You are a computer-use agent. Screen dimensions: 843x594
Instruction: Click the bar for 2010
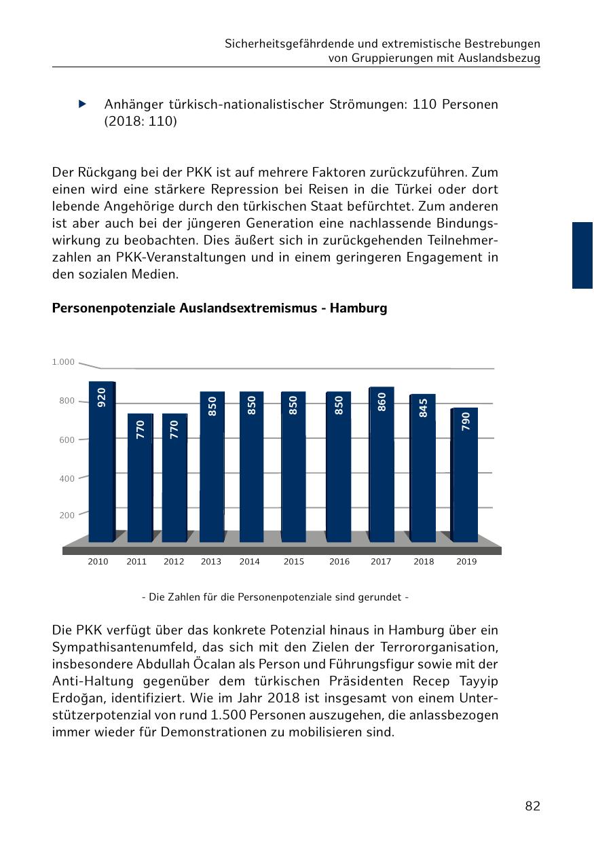tap(101, 469)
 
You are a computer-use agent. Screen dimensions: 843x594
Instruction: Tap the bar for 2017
tap(381, 469)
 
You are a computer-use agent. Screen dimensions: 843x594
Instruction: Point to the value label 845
tap(424, 408)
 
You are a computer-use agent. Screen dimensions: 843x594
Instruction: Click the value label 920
tap(102, 397)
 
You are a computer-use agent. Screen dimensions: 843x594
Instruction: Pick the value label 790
tap(465, 420)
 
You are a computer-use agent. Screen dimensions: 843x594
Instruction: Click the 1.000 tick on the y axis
tap(63, 362)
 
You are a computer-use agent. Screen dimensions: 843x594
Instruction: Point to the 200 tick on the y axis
tap(67, 516)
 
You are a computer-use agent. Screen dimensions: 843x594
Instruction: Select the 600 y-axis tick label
tap(67, 440)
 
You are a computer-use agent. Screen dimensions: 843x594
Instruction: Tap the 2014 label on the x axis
tap(249, 562)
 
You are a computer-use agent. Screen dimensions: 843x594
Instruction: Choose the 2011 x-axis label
tap(136, 562)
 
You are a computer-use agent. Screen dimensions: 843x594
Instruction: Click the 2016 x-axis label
tap(339, 562)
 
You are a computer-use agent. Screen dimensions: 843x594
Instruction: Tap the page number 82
tap(532, 806)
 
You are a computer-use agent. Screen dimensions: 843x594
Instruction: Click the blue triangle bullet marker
tap(82, 105)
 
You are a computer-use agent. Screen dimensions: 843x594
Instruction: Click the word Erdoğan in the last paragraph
tap(77, 698)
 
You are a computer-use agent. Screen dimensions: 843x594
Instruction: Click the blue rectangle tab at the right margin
tap(582, 255)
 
